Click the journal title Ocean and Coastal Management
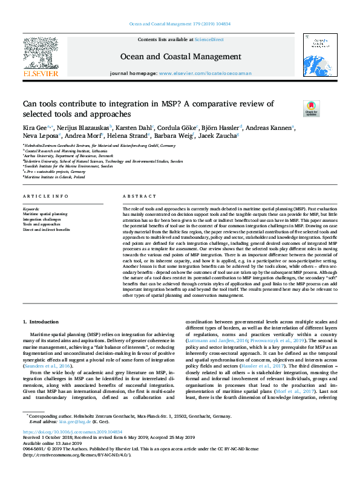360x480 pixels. pos(180,57)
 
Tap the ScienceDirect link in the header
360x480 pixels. pos(210,39)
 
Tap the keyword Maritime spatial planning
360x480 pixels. pos(45,214)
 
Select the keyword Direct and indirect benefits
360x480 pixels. pos(46,230)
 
